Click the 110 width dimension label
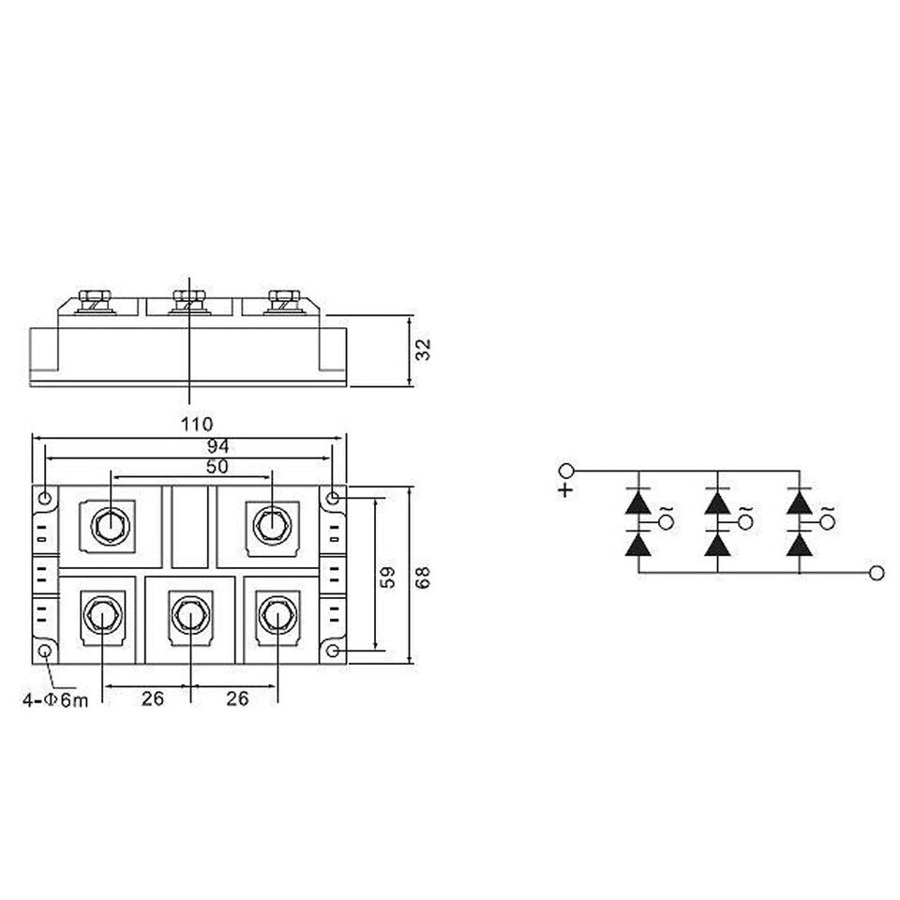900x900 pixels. click(x=189, y=423)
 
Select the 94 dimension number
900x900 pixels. click(x=192, y=445)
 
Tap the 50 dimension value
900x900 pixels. click(x=192, y=466)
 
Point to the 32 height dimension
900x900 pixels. click(x=423, y=350)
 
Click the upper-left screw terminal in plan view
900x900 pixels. click(x=112, y=523)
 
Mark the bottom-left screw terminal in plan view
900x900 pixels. click(x=101, y=616)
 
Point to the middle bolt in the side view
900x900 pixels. click(x=189, y=301)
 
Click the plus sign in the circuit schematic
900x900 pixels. click(x=564, y=490)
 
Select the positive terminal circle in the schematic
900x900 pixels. click(x=564, y=471)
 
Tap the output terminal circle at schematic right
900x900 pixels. click(x=877, y=573)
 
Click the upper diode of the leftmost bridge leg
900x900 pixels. click(x=638, y=502)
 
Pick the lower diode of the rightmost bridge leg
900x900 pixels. click(x=799, y=544)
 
